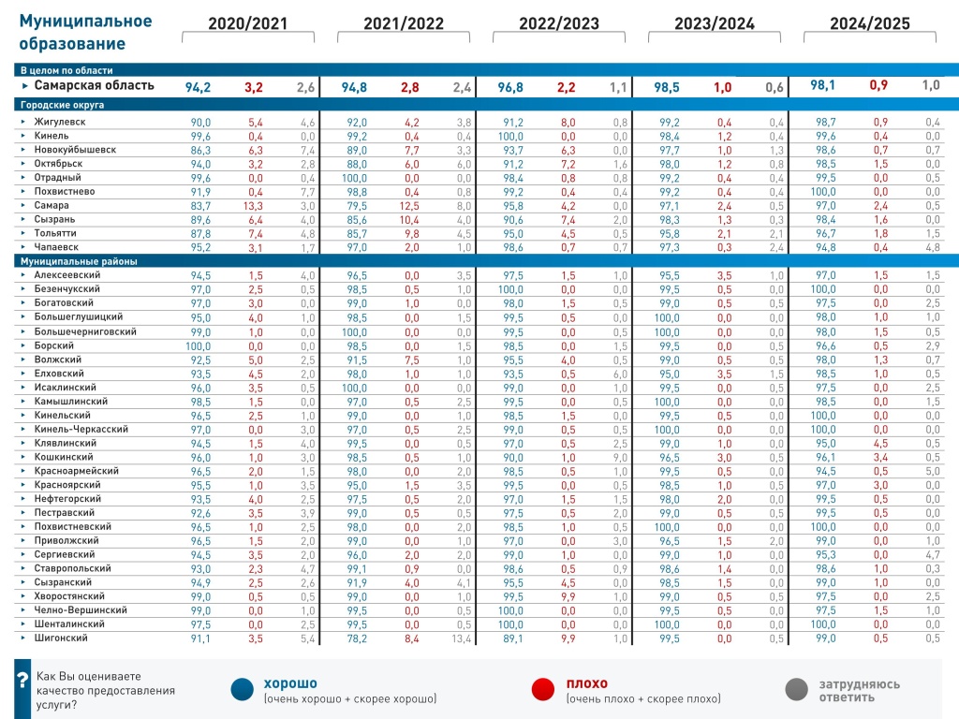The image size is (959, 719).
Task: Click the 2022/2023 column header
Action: point(559,24)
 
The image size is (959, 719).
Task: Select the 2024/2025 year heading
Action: point(870,24)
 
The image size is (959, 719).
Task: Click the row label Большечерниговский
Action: point(85,331)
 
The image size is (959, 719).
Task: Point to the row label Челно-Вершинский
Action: point(81,609)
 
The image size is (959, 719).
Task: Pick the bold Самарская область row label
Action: point(95,86)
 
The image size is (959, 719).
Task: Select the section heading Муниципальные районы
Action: point(79,261)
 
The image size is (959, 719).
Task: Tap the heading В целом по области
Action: point(66,70)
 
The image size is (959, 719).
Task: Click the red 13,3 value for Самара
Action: point(254,205)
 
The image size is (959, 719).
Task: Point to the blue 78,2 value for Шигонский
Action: point(356,638)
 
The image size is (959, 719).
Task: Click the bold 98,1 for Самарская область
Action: point(824,85)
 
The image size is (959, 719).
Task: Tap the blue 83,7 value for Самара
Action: point(200,205)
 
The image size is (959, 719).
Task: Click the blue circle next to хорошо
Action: point(243,689)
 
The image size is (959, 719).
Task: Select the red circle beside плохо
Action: point(545,689)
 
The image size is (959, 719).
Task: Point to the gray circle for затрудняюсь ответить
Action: point(797,689)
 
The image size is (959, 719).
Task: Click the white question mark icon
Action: point(22,689)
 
